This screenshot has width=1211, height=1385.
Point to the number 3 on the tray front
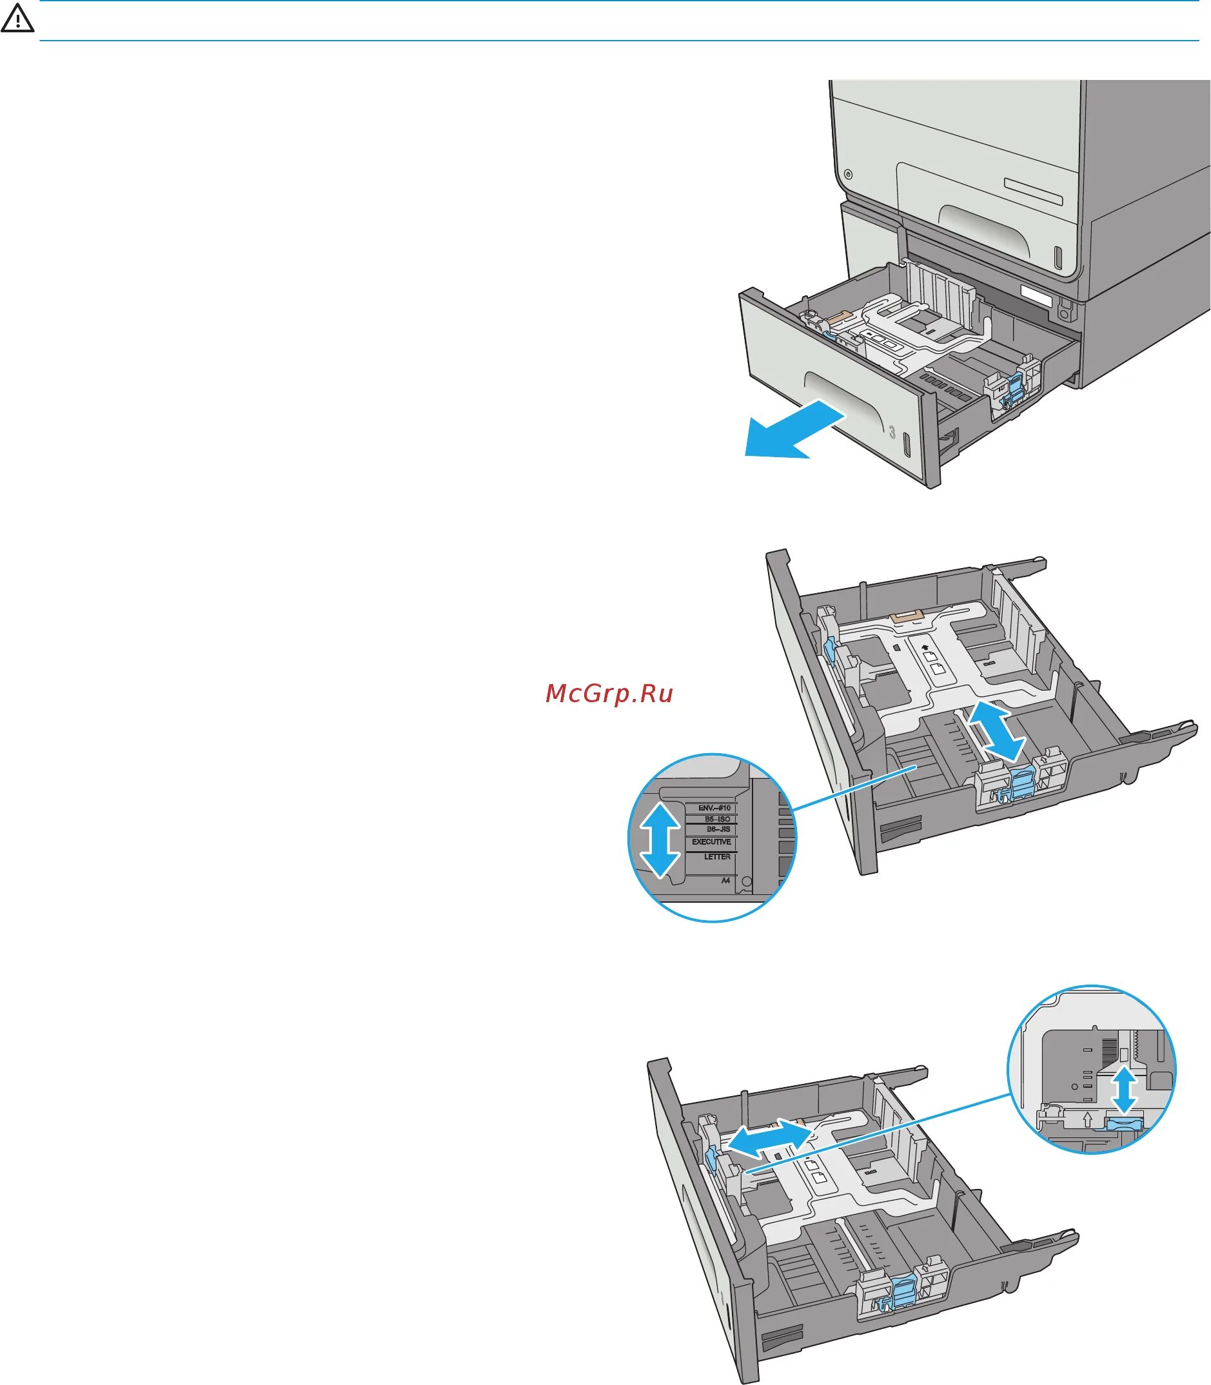pyautogui.click(x=892, y=433)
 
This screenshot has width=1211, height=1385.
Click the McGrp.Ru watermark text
pyautogui.click(x=609, y=693)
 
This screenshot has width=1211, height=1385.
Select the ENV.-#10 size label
pyautogui.click(x=714, y=808)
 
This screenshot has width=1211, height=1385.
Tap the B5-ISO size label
pyautogui.click(x=717, y=819)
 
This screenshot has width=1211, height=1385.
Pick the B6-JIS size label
pyautogui.click(x=718, y=829)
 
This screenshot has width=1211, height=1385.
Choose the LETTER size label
pyautogui.click(x=717, y=857)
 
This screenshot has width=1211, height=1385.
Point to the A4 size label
pyautogui.click(x=725, y=881)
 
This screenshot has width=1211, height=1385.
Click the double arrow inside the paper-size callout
pyautogui.click(x=660, y=839)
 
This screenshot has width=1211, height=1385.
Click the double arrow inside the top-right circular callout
pyautogui.click(x=1125, y=1088)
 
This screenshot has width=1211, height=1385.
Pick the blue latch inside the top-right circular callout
pyautogui.click(x=1123, y=1123)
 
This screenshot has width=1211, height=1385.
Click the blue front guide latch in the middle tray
pyautogui.click(x=1022, y=783)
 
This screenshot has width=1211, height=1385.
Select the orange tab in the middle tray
pyautogui.click(x=907, y=616)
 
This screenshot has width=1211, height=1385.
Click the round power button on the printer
pyautogui.click(x=848, y=175)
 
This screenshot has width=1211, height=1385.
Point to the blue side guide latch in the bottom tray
pyautogui.click(x=710, y=1159)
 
